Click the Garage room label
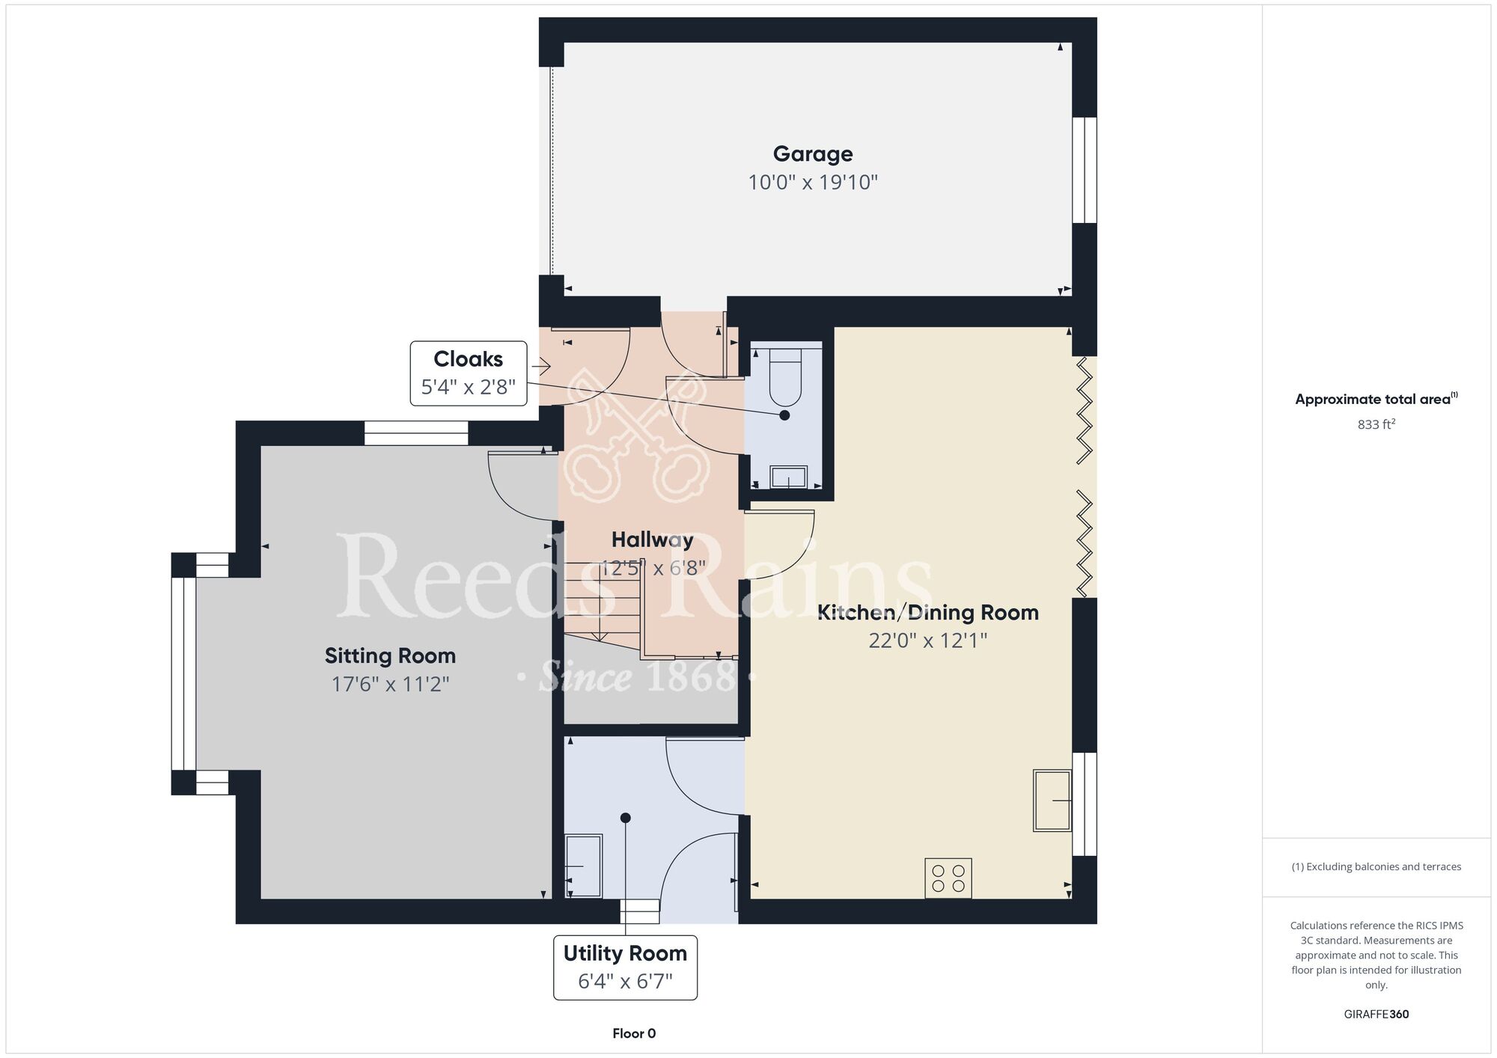pyautogui.click(x=813, y=154)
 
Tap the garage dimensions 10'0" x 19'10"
pyautogui.click(x=813, y=183)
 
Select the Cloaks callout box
pyautogui.click(x=469, y=373)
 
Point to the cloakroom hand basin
pyautogui.click(x=789, y=477)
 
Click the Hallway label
pyautogui.click(x=652, y=539)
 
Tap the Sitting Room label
pyautogui.click(x=390, y=656)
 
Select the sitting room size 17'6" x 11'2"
pyautogui.click(x=390, y=685)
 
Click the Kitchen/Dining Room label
pyautogui.click(x=928, y=613)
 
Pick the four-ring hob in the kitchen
pyautogui.click(x=948, y=878)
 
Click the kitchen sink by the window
pyautogui.click(x=1052, y=800)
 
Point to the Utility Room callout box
pyautogui.click(x=625, y=967)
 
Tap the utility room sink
pyautogui.click(x=583, y=866)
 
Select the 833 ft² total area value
pyautogui.click(x=1376, y=424)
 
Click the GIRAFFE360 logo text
pyautogui.click(x=1376, y=1015)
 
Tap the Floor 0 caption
pyautogui.click(x=634, y=1033)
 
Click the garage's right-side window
pyautogui.click(x=1085, y=170)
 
